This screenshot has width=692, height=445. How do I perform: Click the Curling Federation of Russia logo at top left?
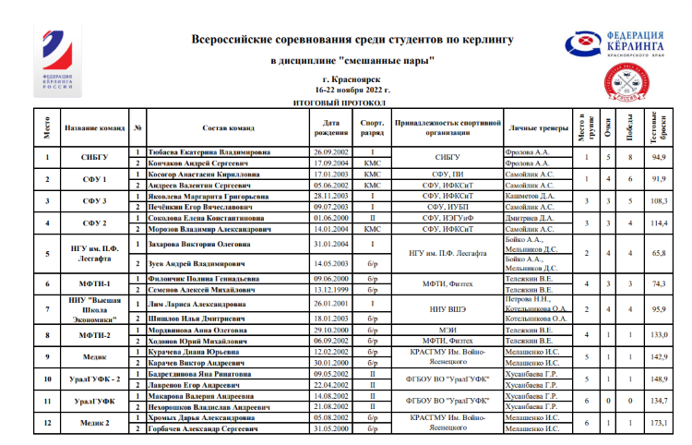pyautogui.click(x=58, y=62)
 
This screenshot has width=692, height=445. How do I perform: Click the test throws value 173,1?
pyautogui.click(x=659, y=422)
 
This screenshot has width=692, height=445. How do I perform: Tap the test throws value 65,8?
pyautogui.click(x=659, y=251)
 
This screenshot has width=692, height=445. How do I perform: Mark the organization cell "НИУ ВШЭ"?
pyautogui.click(x=447, y=311)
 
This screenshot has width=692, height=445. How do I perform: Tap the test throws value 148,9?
pyautogui.click(x=659, y=379)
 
